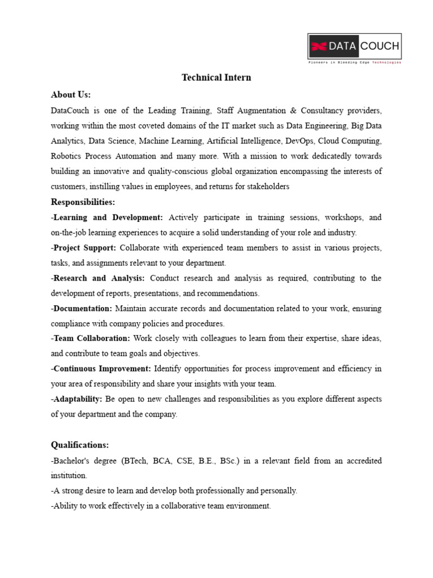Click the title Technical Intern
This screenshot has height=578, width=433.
[x=216, y=78]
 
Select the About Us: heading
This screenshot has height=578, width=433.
[x=70, y=94]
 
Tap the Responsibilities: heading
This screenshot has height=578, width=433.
[x=83, y=202]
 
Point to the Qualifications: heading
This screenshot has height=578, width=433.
[x=79, y=445]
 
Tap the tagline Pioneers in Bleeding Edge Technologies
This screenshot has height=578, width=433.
[x=354, y=63]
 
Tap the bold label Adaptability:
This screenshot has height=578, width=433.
[x=77, y=399]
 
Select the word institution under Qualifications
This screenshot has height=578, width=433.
[x=69, y=475]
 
